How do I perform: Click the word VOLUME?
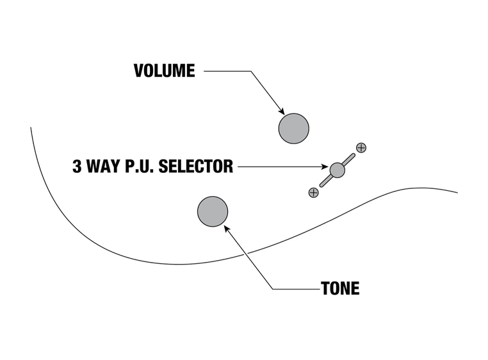(164, 70)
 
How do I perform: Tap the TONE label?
(340, 288)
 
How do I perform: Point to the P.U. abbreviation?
(140, 167)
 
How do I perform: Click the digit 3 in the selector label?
(77, 167)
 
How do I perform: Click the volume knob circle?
(293, 128)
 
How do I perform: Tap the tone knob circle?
(213, 211)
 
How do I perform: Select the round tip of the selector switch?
(337, 170)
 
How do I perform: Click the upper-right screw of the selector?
(361, 148)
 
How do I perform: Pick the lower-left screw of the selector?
(313, 192)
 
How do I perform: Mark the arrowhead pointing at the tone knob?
(225, 227)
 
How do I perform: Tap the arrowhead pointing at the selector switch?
(326, 168)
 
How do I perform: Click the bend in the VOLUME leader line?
(250, 71)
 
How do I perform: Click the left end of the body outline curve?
(31, 127)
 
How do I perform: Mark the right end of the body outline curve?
(457, 192)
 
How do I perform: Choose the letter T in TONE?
(325, 288)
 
